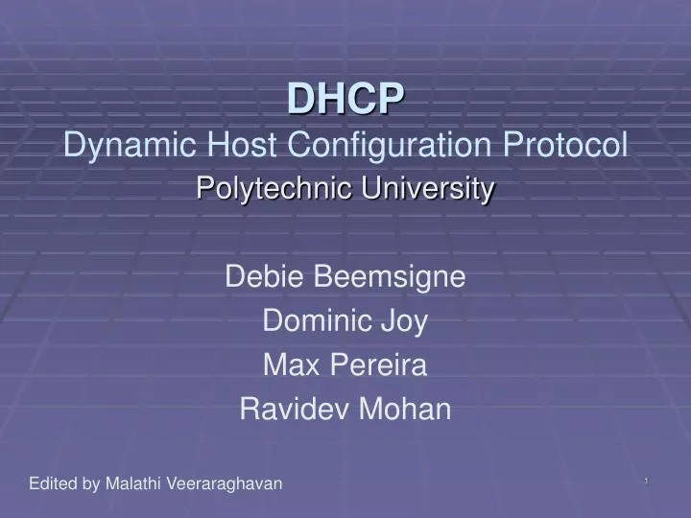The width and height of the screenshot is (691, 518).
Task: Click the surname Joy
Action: click(406, 322)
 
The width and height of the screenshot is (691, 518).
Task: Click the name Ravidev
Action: click(297, 410)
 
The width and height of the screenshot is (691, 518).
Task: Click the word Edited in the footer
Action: click(52, 483)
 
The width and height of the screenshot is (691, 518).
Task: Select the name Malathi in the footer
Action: click(133, 483)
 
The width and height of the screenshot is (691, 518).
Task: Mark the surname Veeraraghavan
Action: click(225, 483)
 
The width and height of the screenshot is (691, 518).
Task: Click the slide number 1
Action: click(647, 481)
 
